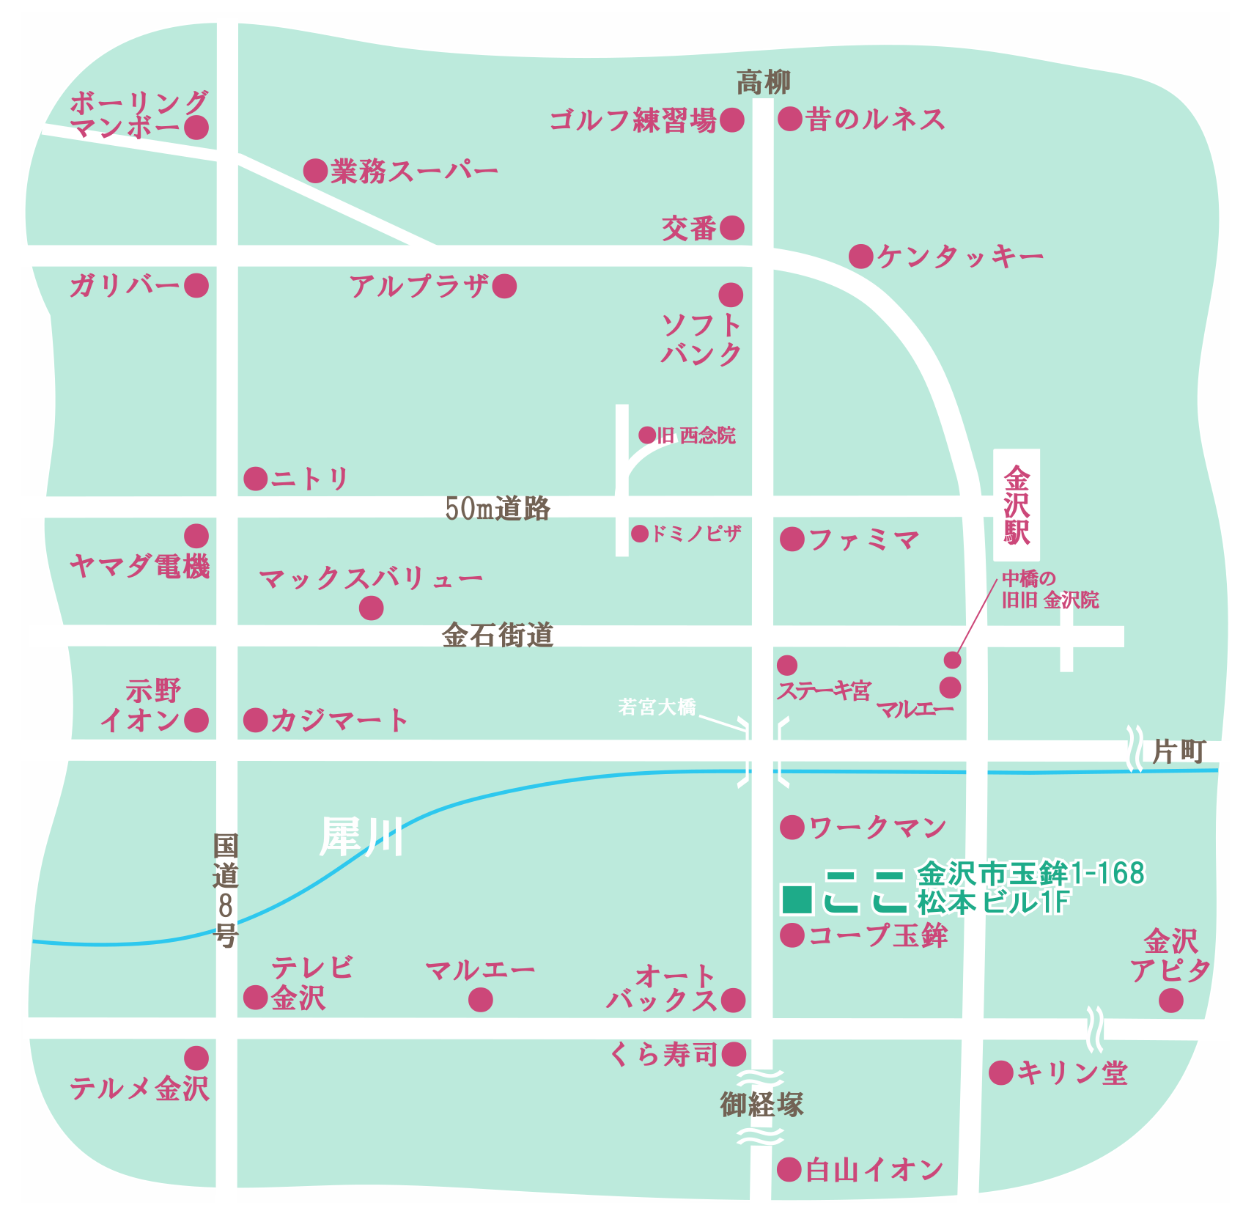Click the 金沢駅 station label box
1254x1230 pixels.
(1016, 505)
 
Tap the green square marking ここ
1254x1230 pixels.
(797, 899)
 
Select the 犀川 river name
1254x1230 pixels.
(361, 836)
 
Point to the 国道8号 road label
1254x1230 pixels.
(226, 890)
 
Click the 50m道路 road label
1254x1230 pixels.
(498, 508)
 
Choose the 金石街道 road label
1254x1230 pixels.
(498, 635)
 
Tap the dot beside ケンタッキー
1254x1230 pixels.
(861, 257)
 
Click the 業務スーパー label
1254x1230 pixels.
(414, 172)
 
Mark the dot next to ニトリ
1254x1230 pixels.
(256, 479)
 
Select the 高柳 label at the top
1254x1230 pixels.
(763, 82)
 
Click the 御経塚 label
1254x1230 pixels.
(761, 1104)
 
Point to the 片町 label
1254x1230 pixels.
(1179, 751)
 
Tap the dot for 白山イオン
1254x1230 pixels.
(789, 1170)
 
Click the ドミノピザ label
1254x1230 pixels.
(696, 534)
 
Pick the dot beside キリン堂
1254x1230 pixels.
(1000, 1073)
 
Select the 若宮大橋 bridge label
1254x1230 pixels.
(657, 707)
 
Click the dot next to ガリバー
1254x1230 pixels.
(196, 285)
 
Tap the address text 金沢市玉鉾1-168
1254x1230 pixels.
(1030, 874)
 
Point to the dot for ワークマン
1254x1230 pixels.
(792, 828)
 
